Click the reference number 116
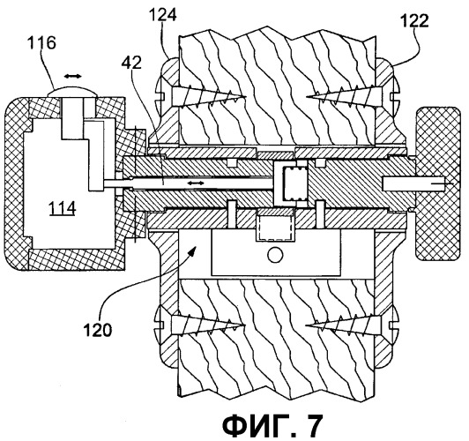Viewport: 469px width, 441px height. tap(41, 42)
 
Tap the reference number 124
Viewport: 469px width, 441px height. tap(163, 15)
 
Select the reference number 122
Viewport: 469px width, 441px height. tap(414, 21)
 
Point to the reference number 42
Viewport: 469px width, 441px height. tap(131, 63)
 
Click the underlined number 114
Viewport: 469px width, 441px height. tap(63, 208)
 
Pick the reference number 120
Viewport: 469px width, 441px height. tap(97, 330)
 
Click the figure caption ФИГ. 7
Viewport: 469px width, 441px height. tap(272, 425)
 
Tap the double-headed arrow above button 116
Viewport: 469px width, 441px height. tap(73, 76)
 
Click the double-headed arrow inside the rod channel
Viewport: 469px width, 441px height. tap(196, 183)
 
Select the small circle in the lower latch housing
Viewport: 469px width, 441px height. tap(275, 255)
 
